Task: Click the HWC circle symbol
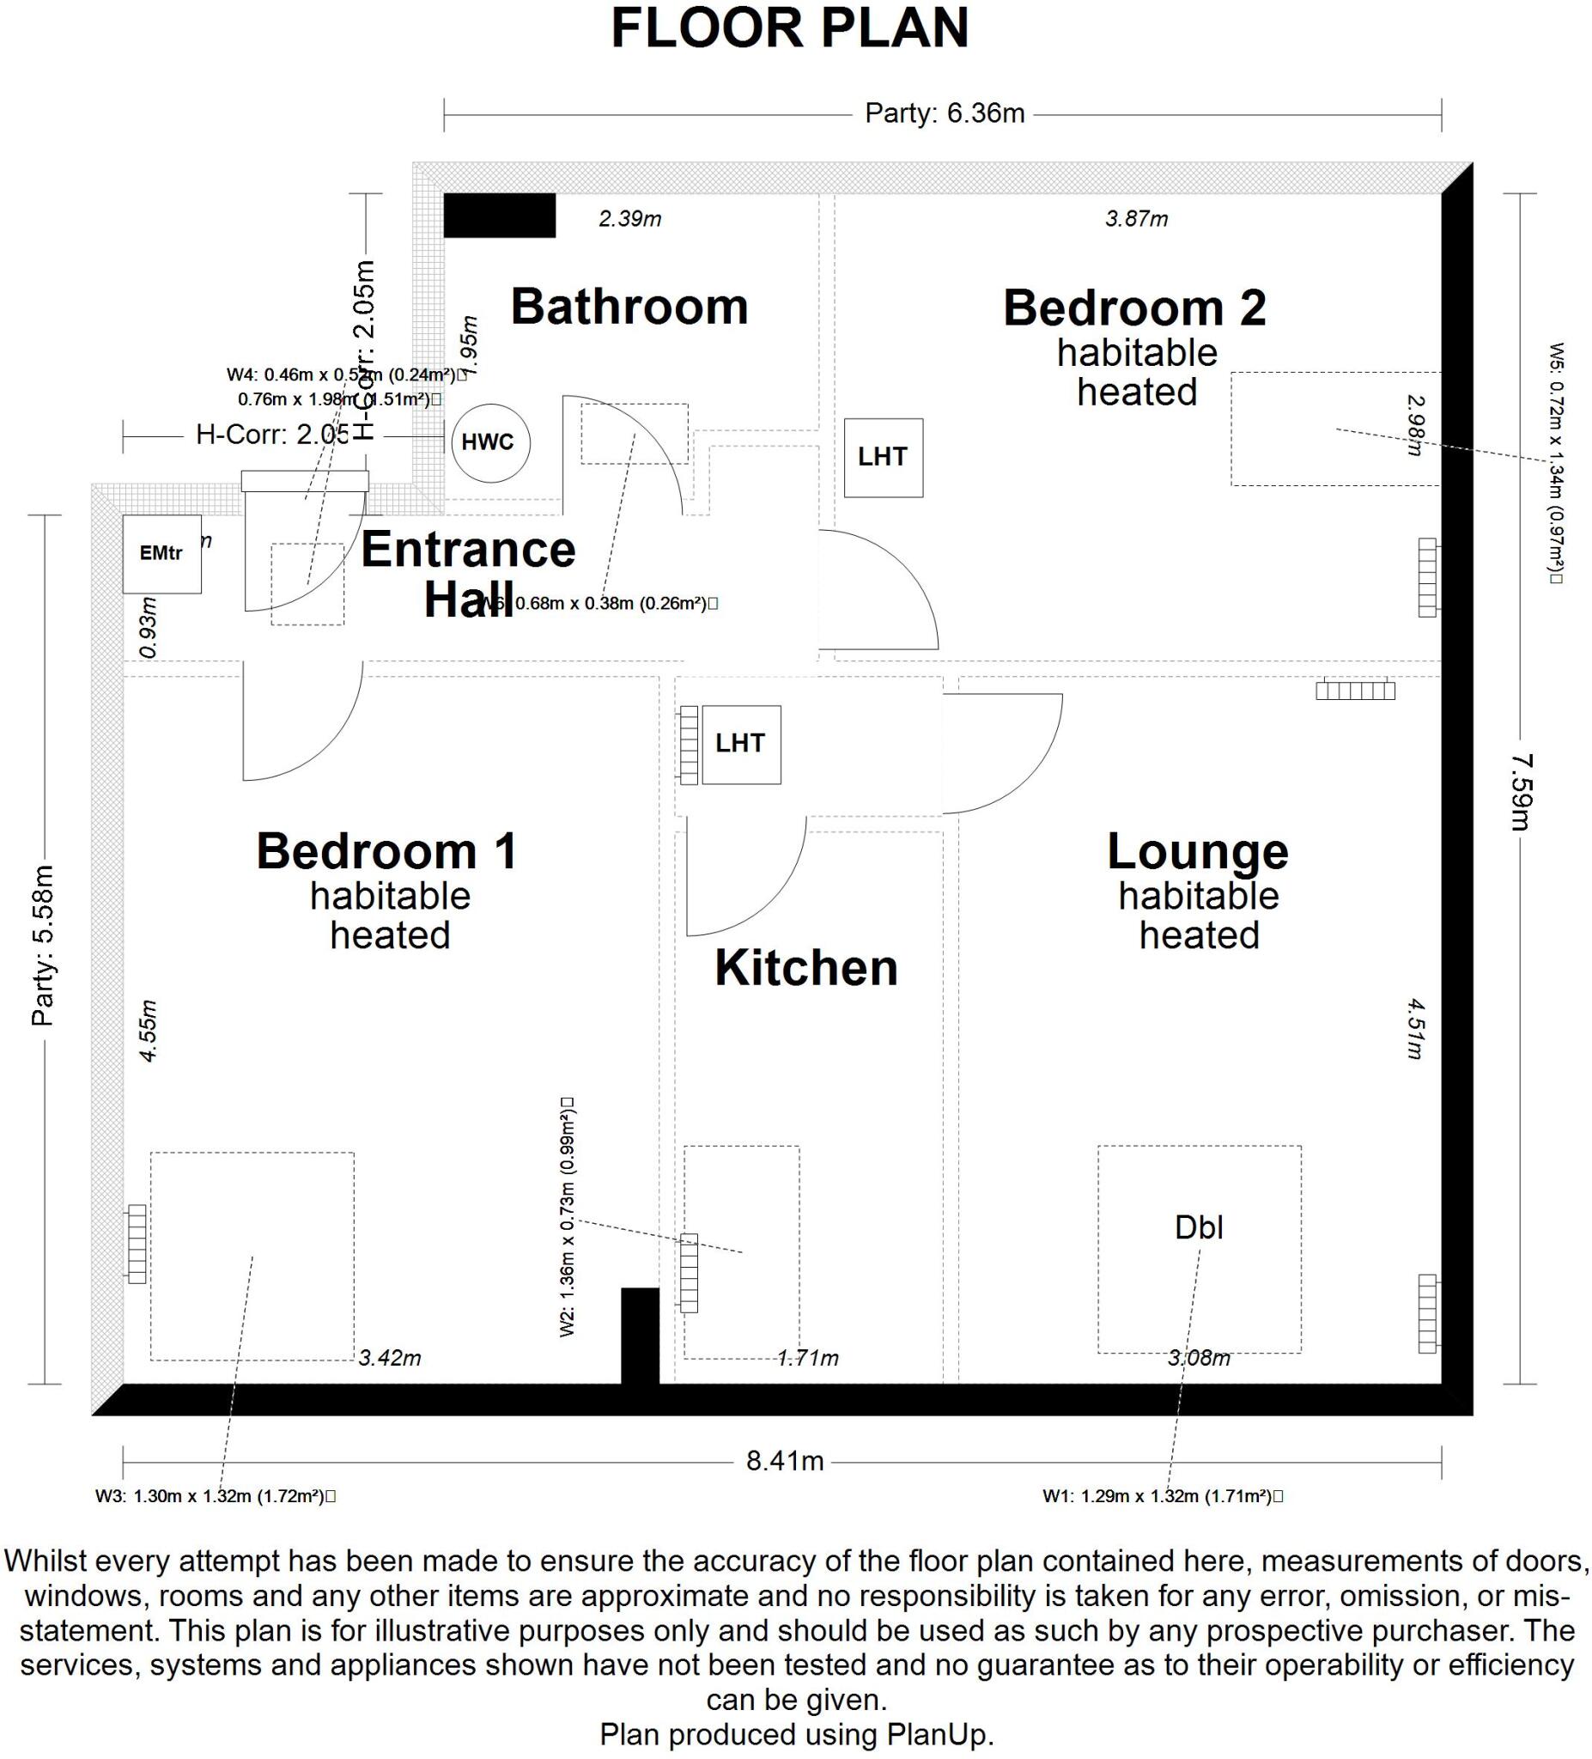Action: tap(490, 442)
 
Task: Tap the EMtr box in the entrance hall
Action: tap(161, 554)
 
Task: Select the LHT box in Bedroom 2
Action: tap(883, 457)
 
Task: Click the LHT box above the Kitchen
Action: tap(740, 744)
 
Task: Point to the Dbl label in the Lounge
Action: tap(1199, 1227)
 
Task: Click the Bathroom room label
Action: tap(629, 307)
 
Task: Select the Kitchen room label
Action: tap(806, 968)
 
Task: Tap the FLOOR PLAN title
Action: tap(789, 29)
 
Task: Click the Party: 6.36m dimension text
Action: tap(944, 114)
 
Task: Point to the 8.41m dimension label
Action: tap(784, 1461)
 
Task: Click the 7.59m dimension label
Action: tap(1522, 791)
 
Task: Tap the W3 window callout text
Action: tap(215, 1496)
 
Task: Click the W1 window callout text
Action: tap(1162, 1496)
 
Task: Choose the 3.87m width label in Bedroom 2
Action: tap(1136, 219)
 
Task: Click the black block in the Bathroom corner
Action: tap(499, 216)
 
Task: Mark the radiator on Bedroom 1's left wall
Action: tap(137, 1244)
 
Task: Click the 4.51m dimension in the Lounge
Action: tap(1415, 1029)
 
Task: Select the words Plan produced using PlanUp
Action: tap(795, 1734)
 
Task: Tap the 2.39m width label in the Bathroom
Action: tap(629, 219)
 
